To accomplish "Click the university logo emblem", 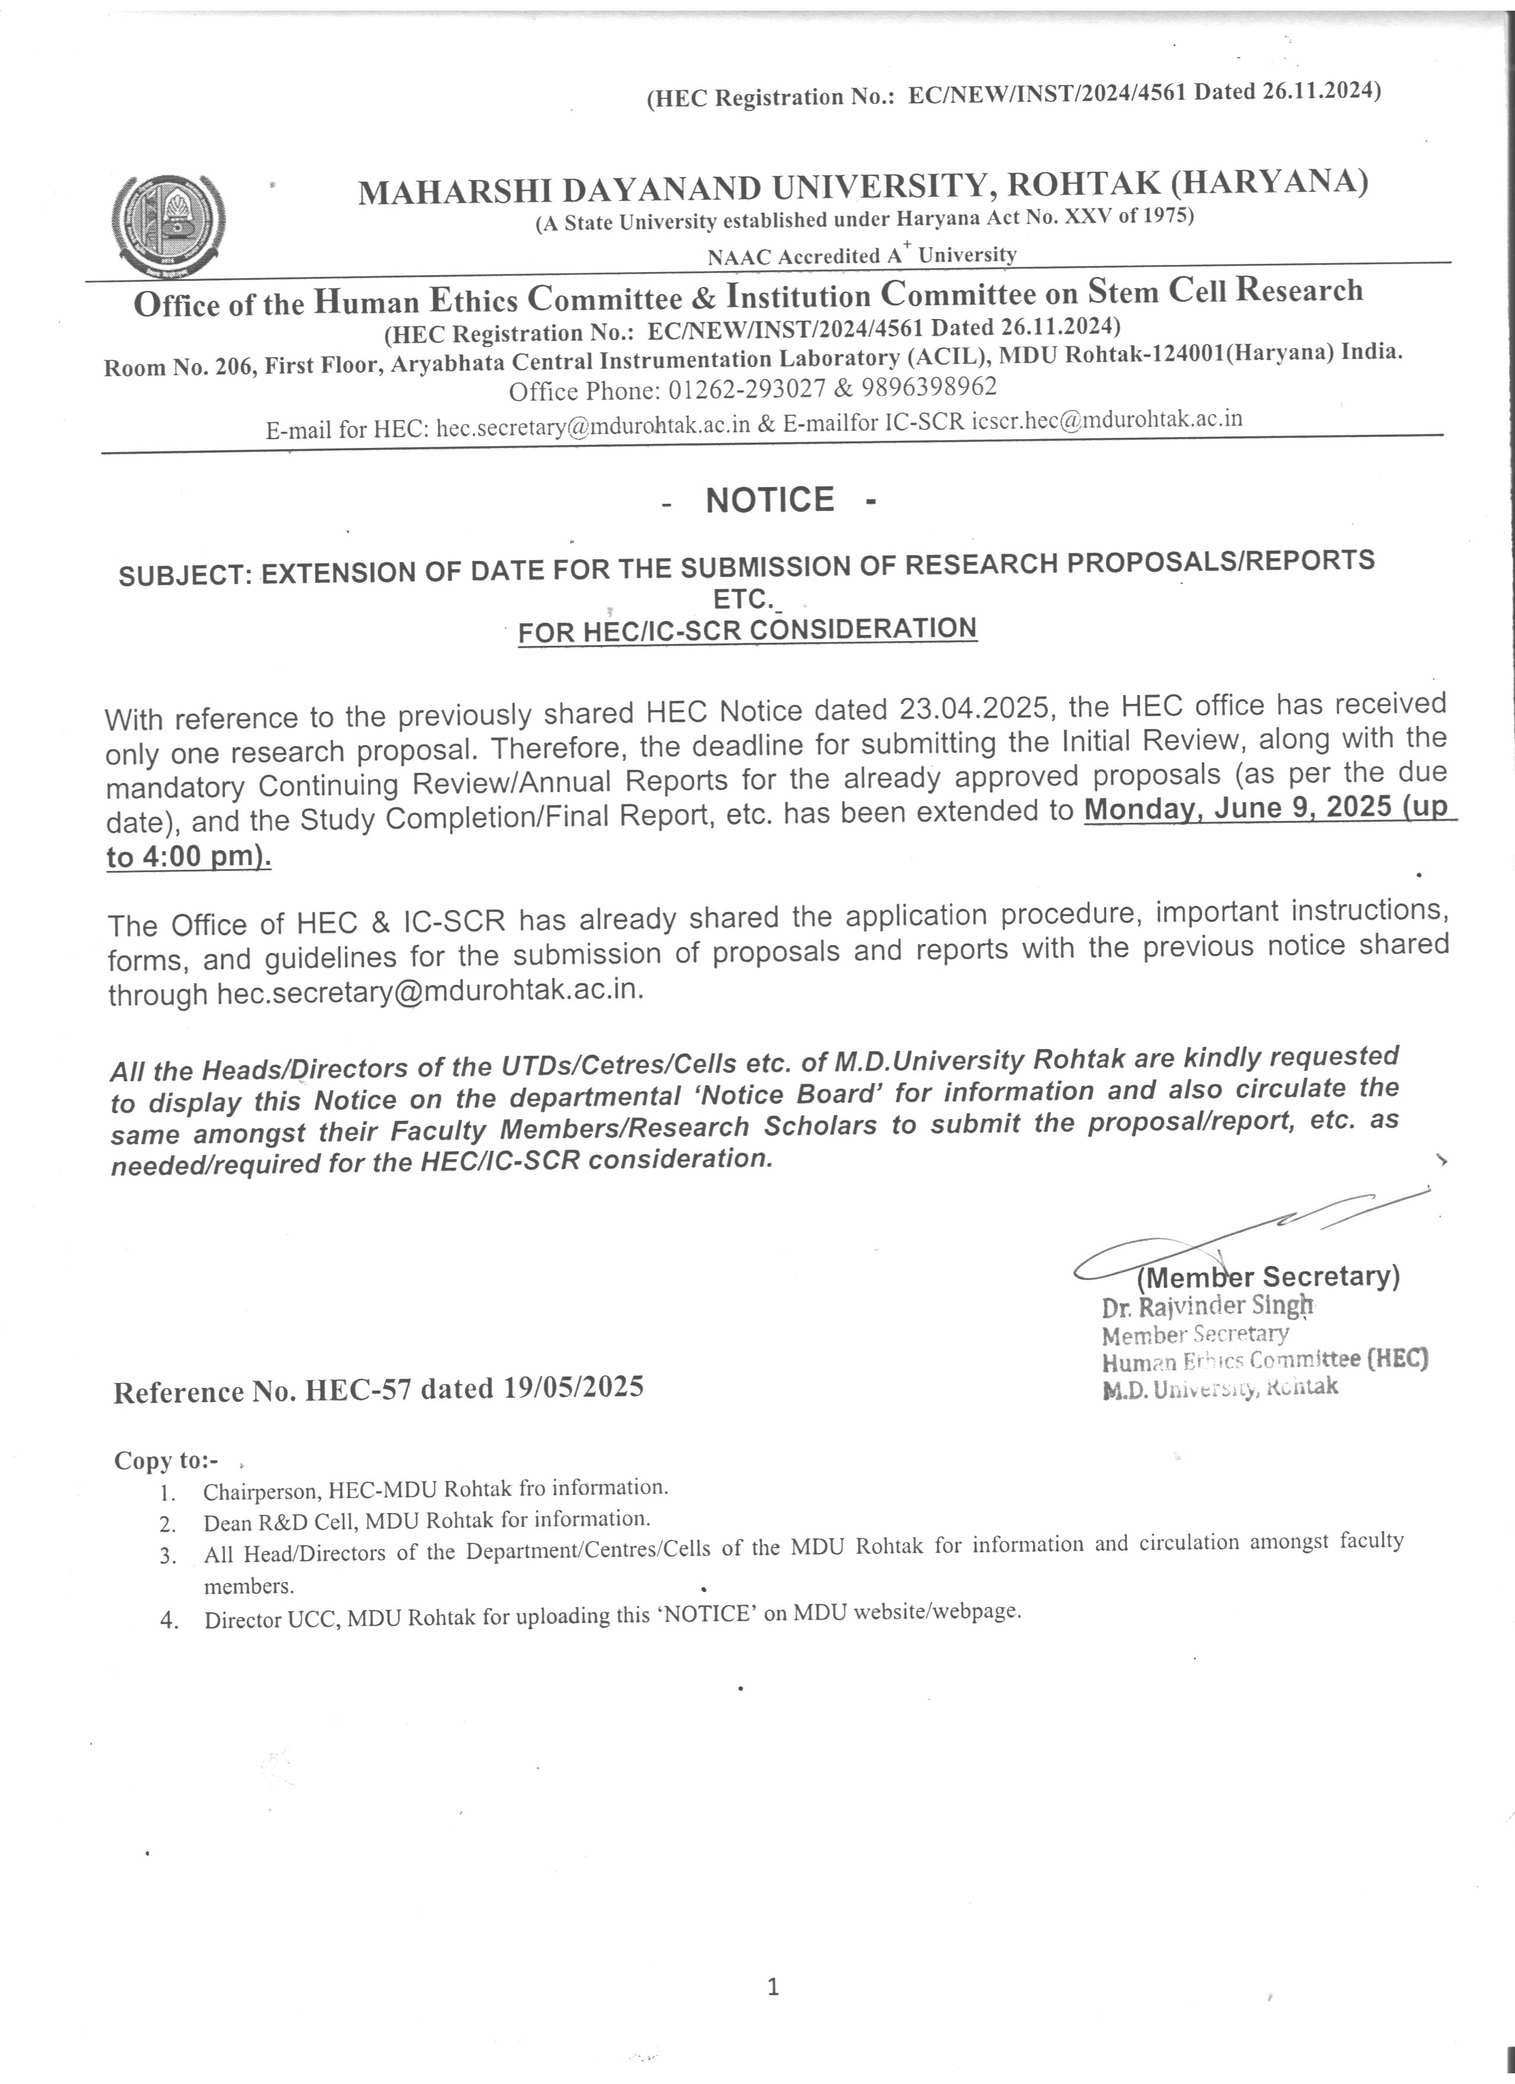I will tap(168, 223).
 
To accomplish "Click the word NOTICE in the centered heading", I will tap(770, 500).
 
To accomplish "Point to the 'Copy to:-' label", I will tap(166, 1461).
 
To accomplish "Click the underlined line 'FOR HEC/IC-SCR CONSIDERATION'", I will tap(747, 630).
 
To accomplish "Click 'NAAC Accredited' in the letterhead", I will tap(794, 257).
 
